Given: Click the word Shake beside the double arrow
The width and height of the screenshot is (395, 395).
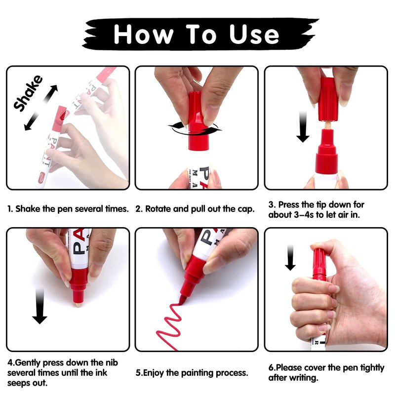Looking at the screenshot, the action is point(28,93).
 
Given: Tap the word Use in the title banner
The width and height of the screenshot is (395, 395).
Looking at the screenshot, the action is point(254,34).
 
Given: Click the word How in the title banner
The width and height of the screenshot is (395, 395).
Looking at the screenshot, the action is point(144,34).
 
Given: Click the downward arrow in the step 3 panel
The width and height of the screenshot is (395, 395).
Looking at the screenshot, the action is point(303,127).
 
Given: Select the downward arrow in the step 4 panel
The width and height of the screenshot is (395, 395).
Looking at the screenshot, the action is point(39,306).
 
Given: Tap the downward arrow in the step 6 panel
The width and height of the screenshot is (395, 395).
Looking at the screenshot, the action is point(290,257).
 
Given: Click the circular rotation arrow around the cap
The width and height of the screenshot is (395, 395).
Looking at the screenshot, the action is point(195,129).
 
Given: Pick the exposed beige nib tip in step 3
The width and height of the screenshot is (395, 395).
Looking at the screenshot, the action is point(327,125).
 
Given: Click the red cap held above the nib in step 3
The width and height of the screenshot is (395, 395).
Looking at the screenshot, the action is point(328,99).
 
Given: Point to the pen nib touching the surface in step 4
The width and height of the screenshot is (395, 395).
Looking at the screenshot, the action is point(79,304).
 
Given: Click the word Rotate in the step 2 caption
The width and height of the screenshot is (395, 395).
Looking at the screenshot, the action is point(159,209).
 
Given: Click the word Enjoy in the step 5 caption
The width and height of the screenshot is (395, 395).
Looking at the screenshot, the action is point(154,373).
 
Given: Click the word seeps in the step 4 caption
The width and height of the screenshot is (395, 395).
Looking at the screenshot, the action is point(19,383).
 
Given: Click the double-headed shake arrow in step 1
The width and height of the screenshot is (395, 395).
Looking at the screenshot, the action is point(41,108).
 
